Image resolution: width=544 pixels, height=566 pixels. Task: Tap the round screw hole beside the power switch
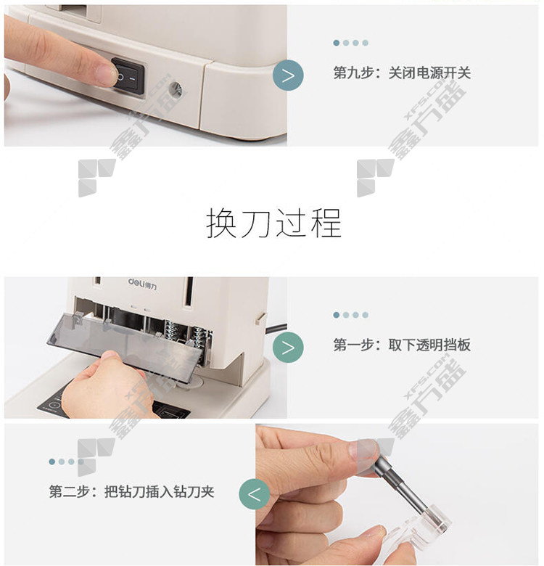pyautogui.click(x=176, y=88)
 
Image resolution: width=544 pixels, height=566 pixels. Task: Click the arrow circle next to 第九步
pyautogui.click(x=288, y=75)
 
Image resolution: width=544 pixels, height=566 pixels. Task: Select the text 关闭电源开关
pyautogui.click(x=429, y=73)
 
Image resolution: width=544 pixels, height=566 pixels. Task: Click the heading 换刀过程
pyautogui.click(x=273, y=223)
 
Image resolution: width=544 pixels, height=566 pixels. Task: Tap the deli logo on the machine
pyautogui.click(x=142, y=283)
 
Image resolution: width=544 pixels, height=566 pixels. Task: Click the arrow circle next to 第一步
pyautogui.click(x=288, y=348)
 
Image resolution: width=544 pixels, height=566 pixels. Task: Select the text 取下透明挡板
pyautogui.click(x=429, y=345)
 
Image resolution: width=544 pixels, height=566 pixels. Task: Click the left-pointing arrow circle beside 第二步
pyautogui.click(x=254, y=494)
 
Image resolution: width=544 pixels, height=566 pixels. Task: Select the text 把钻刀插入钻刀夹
pyautogui.click(x=159, y=492)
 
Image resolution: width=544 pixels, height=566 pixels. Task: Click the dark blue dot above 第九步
pyautogui.click(x=337, y=43)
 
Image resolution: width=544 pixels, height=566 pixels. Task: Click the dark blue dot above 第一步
pyautogui.click(x=337, y=315)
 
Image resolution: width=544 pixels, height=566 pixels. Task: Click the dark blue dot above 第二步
pyautogui.click(x=52, y=462)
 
